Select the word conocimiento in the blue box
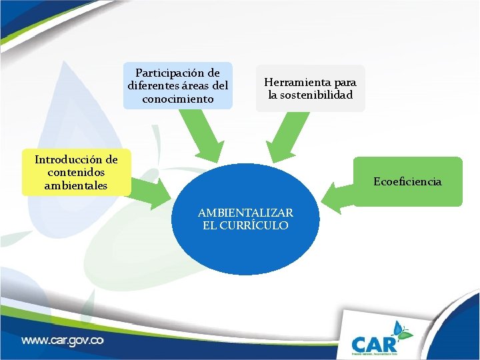(x=178, y=99)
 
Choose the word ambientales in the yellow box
(x=75, y=186)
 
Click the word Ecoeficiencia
(x=407, y=181)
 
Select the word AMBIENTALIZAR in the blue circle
(x=245, y=213)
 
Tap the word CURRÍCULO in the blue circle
(x=255, y=225)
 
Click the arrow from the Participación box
(x=203, y=137)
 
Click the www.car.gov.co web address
(x=63, y=340)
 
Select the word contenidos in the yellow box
(x=76, y=173)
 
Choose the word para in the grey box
(x=345, y=82)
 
